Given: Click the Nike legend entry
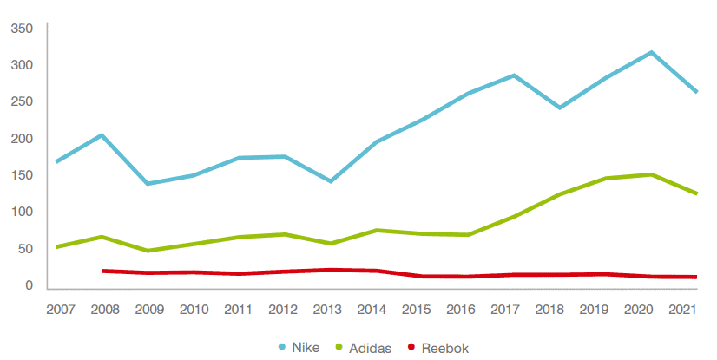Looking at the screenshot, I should tap(299, 348).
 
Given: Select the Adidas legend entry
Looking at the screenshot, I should tap(368, 348).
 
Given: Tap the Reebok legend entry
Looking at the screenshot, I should tap(445, 348).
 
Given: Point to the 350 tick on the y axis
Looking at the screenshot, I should tap(22, 29).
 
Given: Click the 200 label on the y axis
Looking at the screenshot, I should tap(22, 139).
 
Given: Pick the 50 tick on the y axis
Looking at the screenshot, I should tap(25, 249).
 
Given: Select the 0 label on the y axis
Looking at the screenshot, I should tap(29, 285).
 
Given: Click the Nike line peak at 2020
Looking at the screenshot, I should tap(650, 53).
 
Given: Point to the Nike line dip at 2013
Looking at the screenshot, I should tap(331, 181).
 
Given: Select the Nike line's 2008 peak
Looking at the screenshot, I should tap(102, 135).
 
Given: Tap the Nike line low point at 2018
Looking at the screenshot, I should tap(559, 108).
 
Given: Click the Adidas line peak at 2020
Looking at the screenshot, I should tap(650, 174).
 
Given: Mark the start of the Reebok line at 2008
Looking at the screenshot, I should tap(103, 271).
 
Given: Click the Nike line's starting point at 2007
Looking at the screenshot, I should tap(57, 161).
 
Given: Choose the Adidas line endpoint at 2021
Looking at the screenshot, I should tap(695, 193).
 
